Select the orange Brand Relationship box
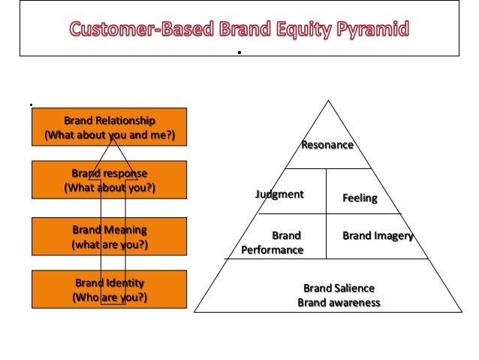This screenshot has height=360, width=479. [x=109, y=127]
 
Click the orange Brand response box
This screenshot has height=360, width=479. [x=109, y=180]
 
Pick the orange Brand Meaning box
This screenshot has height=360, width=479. [x=109, y=237]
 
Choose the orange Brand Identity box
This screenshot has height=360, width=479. [x=109, y=290]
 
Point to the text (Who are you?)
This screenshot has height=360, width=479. [x=109, y=298]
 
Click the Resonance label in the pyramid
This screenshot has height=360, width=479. [x=327, y=144]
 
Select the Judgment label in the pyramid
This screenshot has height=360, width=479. [x=279, y=195]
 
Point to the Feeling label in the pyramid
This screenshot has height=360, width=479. [x=360, y=198]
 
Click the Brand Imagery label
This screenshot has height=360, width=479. [x=378, y=236]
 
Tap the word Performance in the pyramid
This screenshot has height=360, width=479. [x=273, y=250]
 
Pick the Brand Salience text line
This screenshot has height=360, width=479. [x=339, y=289]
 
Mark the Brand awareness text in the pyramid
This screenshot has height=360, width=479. [x=339, y=303]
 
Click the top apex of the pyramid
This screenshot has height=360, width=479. [x=327, y=101]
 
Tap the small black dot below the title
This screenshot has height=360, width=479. [x=238, y=53]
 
